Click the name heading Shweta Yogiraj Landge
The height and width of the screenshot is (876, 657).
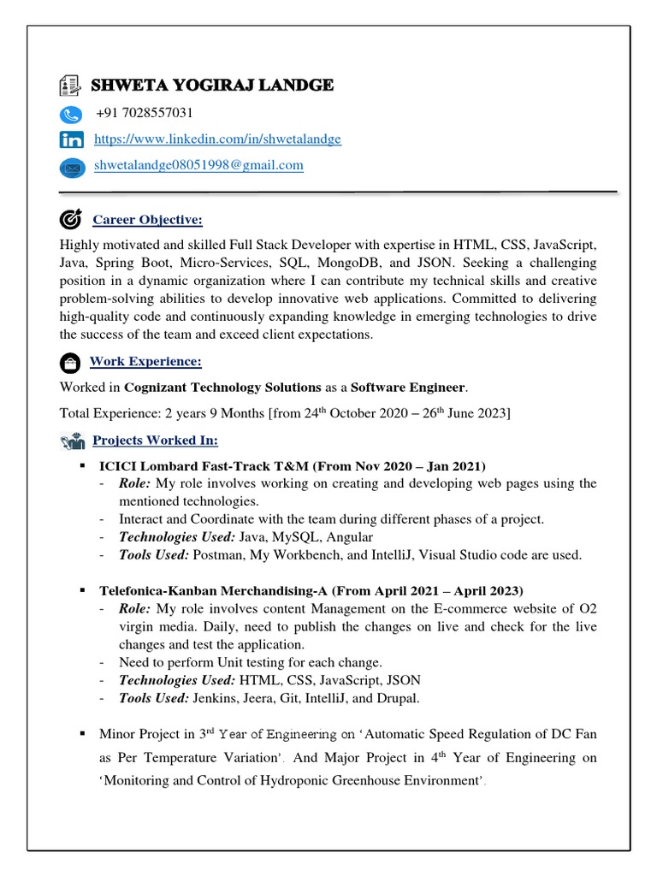coord(212,86)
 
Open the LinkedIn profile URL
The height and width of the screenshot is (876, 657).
coord(217,139)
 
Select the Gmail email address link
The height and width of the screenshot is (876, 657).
coord(198,165)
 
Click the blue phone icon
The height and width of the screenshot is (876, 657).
coord(71,115)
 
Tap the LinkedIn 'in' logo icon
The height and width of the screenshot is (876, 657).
coord(72,140)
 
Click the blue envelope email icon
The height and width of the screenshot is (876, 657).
coord(72,168)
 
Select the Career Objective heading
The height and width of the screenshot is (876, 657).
coord(147,221)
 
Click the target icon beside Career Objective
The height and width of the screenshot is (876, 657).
coord(71,220)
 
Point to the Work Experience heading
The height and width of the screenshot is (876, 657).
coord(145,362)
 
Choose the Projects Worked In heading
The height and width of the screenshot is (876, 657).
coord(155,441)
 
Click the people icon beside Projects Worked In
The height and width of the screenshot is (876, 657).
coord(72,441)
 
